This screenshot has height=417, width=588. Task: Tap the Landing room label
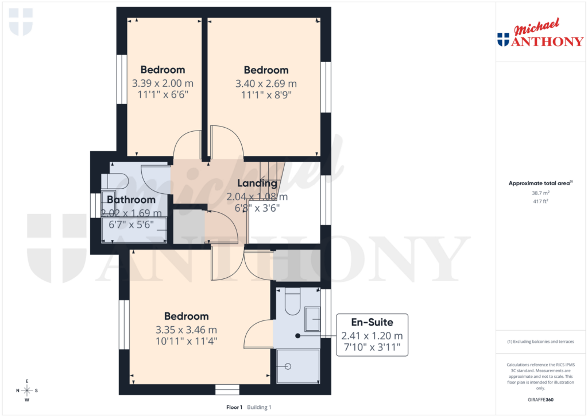[258, 183]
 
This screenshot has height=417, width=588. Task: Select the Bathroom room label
[131, 200]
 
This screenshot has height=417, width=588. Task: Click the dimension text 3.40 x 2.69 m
[266, 83]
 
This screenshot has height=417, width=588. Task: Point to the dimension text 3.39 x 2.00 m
[163, 83]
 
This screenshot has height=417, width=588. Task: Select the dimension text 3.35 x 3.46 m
[186, 330]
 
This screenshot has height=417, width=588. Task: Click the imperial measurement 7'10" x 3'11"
[372, 348]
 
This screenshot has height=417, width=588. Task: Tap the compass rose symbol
[27, 391]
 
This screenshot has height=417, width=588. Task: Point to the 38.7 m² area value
[540, 193]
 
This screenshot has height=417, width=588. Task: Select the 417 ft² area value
[540, 201]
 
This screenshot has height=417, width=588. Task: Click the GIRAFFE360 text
[540, 400]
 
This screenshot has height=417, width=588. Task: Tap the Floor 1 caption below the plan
[235, 407]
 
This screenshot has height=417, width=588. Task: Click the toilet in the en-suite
[291, 303]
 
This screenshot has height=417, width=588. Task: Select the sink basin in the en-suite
[312, 319]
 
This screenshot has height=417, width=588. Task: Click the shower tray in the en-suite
[297, 366]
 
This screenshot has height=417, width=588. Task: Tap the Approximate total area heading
[540, 183]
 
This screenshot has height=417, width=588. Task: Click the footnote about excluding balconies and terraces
[540, 342]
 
